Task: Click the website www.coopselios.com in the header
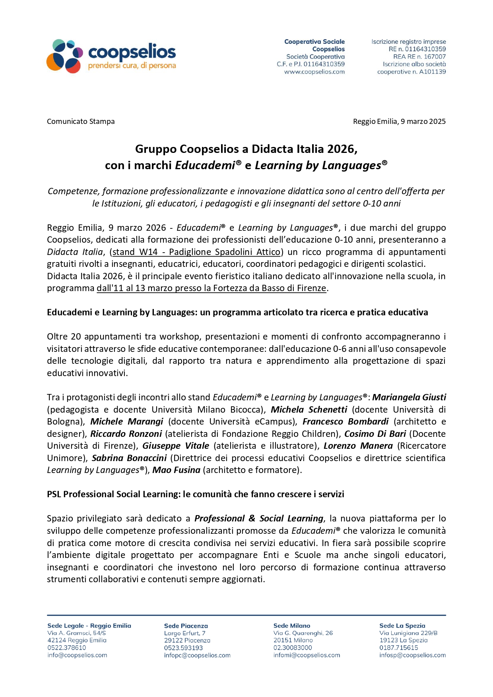tap(314, 72)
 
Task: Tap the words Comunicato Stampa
tap(81, 122)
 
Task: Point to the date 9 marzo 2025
tap(423, 122)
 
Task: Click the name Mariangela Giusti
tap(409, 397)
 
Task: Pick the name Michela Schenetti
tap(309, 409)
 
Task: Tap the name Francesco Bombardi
tap(345, 421)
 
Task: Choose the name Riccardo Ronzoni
tap(126, 434)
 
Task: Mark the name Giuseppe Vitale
tap(176, 446)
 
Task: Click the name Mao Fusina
tap(176, 470)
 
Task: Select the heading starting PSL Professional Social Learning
tap(195, 494)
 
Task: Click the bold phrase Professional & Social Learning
tap(259, 518)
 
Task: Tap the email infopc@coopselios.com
tap(197, 655)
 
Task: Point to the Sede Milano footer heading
tap(291, 626)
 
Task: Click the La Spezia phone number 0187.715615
tap(398, 648)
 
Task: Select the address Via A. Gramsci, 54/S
tap(77, 633)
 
